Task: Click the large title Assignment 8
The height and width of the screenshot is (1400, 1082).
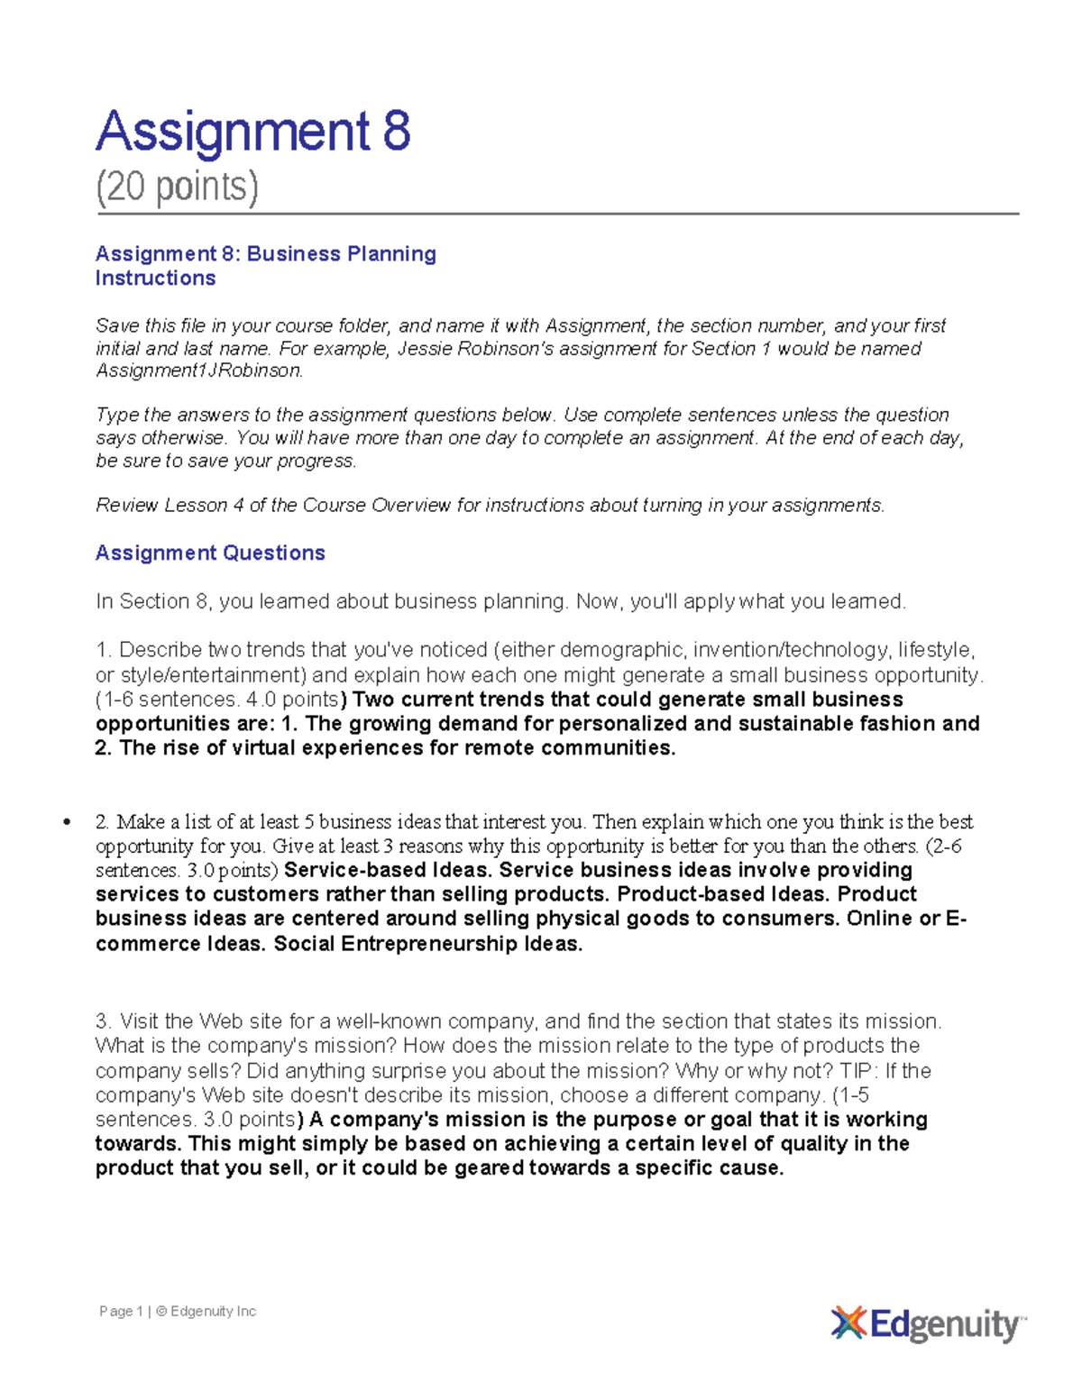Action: tap(253, 132)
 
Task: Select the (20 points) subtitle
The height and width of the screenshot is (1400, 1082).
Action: tap(178, 188)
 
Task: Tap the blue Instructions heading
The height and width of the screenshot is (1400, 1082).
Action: tap(155, 279)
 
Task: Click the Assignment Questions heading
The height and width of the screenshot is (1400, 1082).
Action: tap(210, 554)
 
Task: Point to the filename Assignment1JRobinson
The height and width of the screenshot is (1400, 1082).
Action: tap(198, 371)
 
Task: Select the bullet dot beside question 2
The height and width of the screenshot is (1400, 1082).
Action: tap(66, 822)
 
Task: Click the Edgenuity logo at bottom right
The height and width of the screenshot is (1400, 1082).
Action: tap(928, 1324)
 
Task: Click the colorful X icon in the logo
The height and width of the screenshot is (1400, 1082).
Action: tap(848, 1323)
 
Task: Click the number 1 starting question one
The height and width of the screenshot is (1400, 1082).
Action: tap(101, 650)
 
